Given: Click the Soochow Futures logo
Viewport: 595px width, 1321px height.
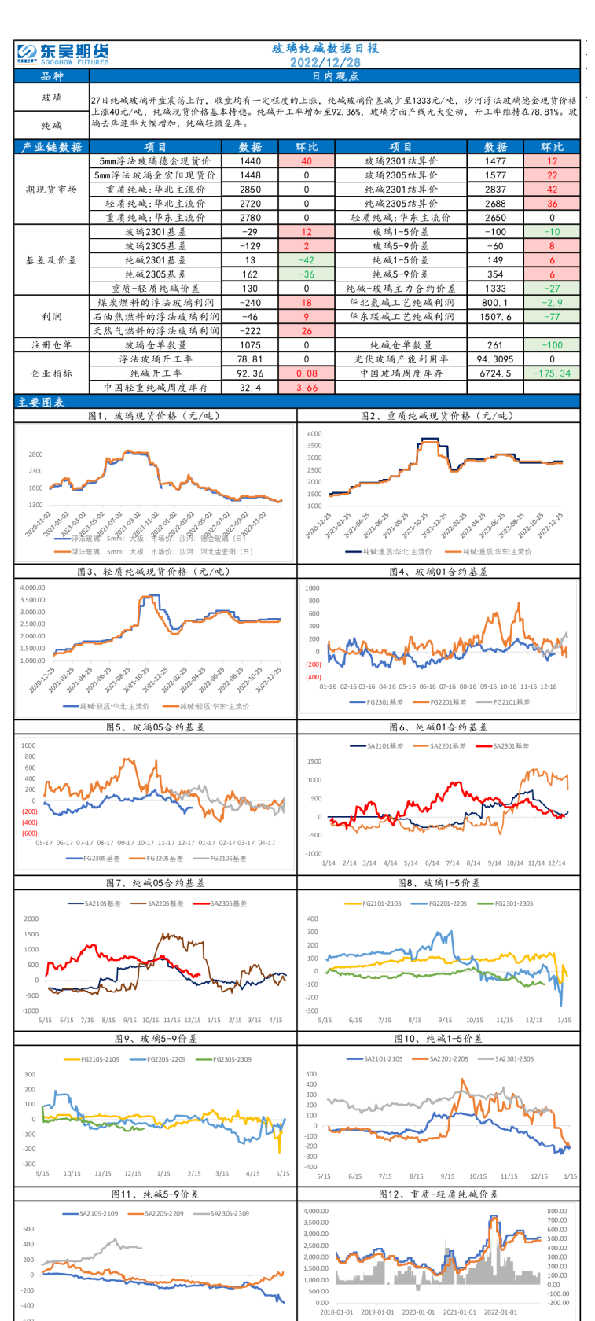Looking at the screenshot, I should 62,54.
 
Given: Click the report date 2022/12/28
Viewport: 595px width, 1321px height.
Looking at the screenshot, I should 325,63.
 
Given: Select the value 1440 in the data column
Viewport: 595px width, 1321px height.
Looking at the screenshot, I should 250,161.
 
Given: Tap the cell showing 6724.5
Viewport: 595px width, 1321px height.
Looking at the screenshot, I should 495,373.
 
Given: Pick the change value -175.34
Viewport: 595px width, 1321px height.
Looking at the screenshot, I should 552,373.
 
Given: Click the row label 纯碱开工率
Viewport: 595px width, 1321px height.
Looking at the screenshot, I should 156,373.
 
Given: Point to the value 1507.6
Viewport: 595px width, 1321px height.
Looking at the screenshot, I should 495,317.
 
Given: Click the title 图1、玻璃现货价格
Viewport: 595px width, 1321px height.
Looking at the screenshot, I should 156,416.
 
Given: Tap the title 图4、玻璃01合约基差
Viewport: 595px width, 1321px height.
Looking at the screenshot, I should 438,572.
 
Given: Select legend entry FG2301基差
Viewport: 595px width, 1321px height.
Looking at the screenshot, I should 384,702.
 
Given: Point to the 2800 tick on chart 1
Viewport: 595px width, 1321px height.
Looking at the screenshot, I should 35,454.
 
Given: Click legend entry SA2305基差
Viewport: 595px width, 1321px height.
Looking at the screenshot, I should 228,903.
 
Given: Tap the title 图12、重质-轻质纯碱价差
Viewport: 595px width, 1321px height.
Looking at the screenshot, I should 438,1194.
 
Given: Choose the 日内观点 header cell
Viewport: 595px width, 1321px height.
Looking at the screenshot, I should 336,76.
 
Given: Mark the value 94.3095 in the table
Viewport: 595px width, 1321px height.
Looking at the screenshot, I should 495,359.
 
